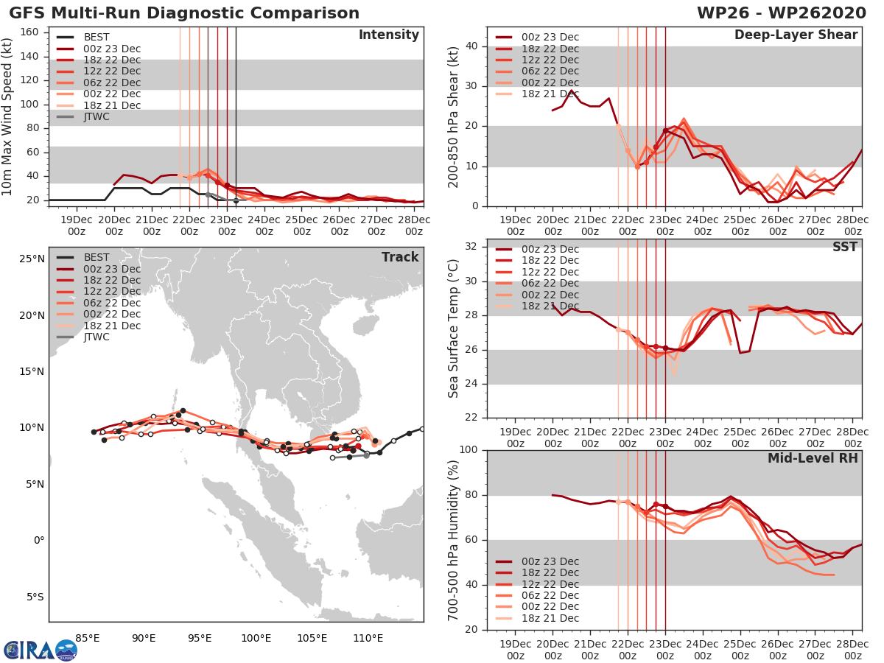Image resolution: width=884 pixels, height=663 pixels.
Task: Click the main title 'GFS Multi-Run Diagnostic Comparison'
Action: (184, 13)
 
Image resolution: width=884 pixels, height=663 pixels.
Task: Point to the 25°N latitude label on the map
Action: (29, 259)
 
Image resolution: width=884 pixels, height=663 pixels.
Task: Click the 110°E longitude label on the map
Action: (368, 637)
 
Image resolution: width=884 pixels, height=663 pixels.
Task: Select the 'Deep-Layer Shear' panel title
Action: (796, 35)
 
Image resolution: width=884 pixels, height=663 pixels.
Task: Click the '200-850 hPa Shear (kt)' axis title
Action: (454, 116)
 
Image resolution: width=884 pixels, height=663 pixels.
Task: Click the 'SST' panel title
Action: (845, 247)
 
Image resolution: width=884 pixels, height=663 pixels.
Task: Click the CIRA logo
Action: (41, 650)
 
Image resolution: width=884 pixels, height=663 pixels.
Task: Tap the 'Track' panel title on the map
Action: (399, 257)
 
